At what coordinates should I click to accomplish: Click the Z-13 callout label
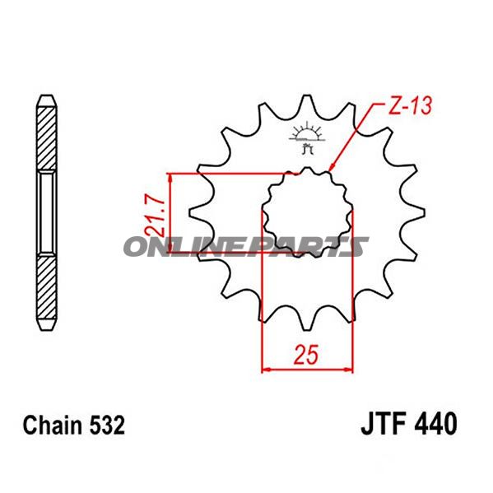(410, 105)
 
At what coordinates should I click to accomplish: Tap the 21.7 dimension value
(155, 217)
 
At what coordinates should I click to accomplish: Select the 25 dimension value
(306, 355)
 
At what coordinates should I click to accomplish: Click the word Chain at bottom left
(53, 425)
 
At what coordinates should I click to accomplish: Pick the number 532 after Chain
(107, 425)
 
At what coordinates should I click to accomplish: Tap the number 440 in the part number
(436, 423)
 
